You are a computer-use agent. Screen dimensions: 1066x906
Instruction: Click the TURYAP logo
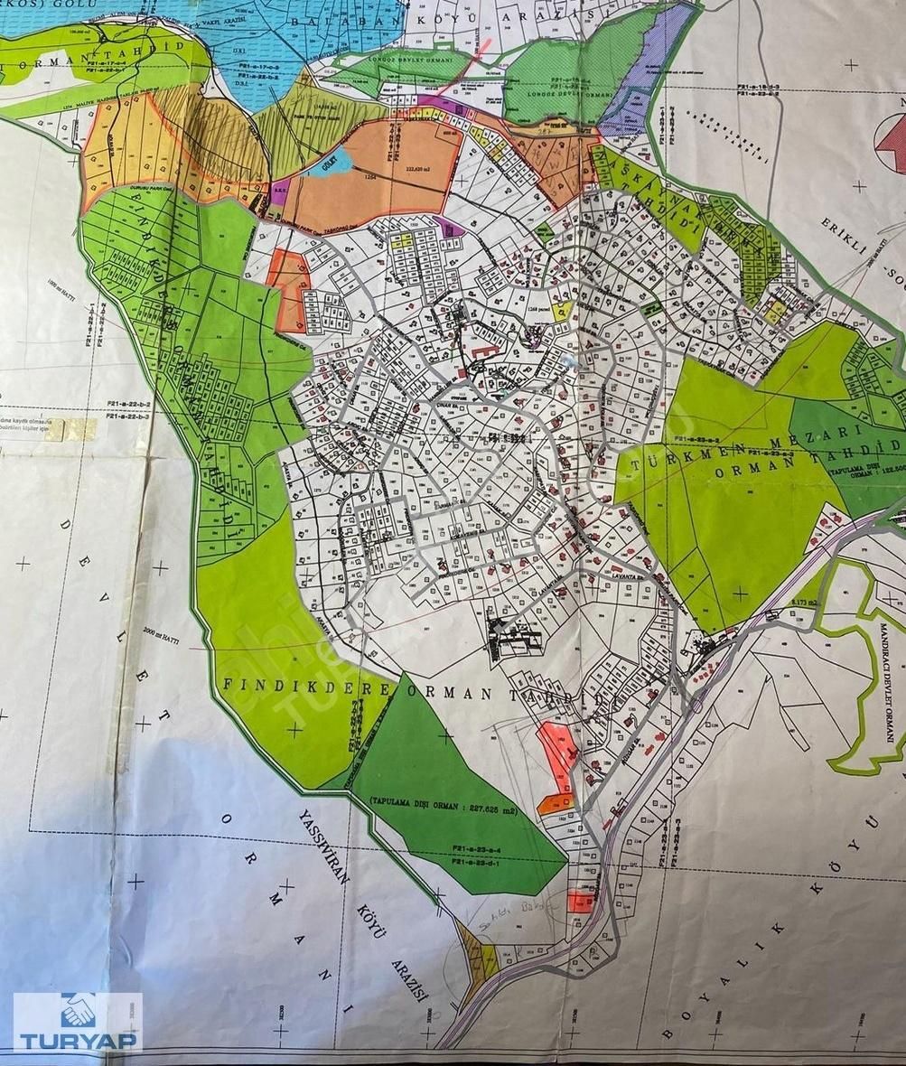coord(77,1023)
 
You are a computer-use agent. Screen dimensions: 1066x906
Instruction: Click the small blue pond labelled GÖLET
coord(318,166)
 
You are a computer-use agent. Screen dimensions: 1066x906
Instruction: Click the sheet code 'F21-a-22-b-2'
coord(127,408)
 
